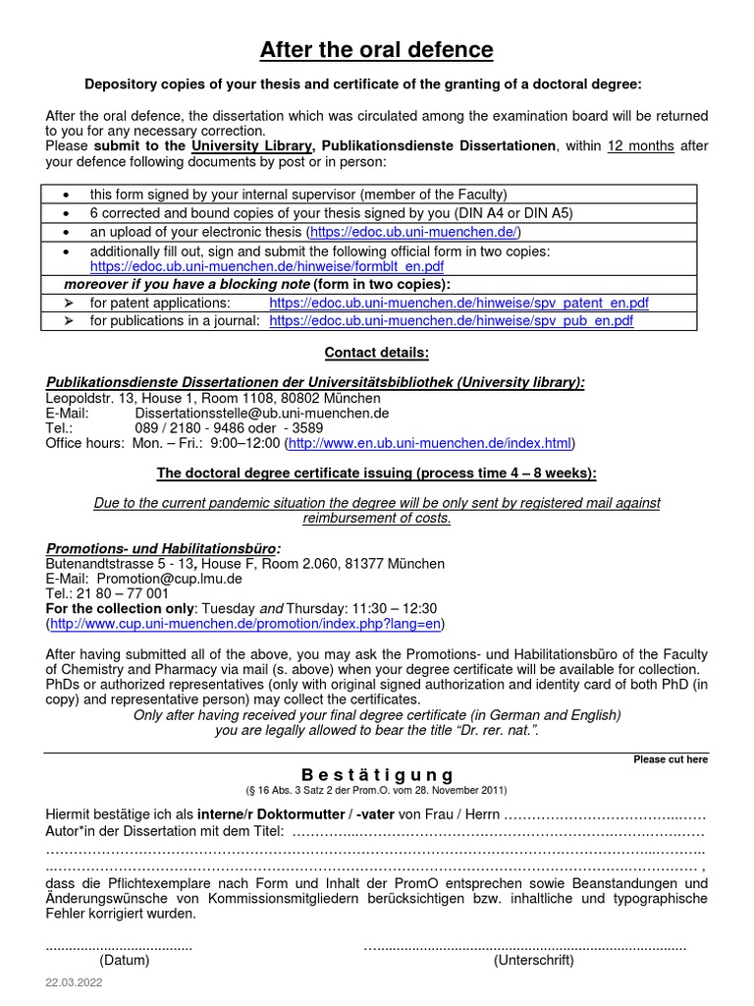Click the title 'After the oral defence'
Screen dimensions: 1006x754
click(376, 50)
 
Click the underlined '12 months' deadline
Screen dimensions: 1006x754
click(640, 146)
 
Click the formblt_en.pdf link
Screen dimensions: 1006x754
click(267, 266)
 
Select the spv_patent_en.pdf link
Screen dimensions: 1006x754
click(458, 303)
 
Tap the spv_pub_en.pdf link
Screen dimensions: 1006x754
click(451, 320)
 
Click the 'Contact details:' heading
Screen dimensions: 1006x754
click(376, 353)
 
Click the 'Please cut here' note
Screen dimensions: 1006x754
click(671, 759)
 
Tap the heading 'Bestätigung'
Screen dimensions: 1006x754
click(376, 775)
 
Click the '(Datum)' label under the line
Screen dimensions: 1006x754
click(125, 960)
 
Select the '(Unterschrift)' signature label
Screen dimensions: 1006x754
click(533, 960)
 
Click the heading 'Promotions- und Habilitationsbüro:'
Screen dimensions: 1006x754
click(163, 548)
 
